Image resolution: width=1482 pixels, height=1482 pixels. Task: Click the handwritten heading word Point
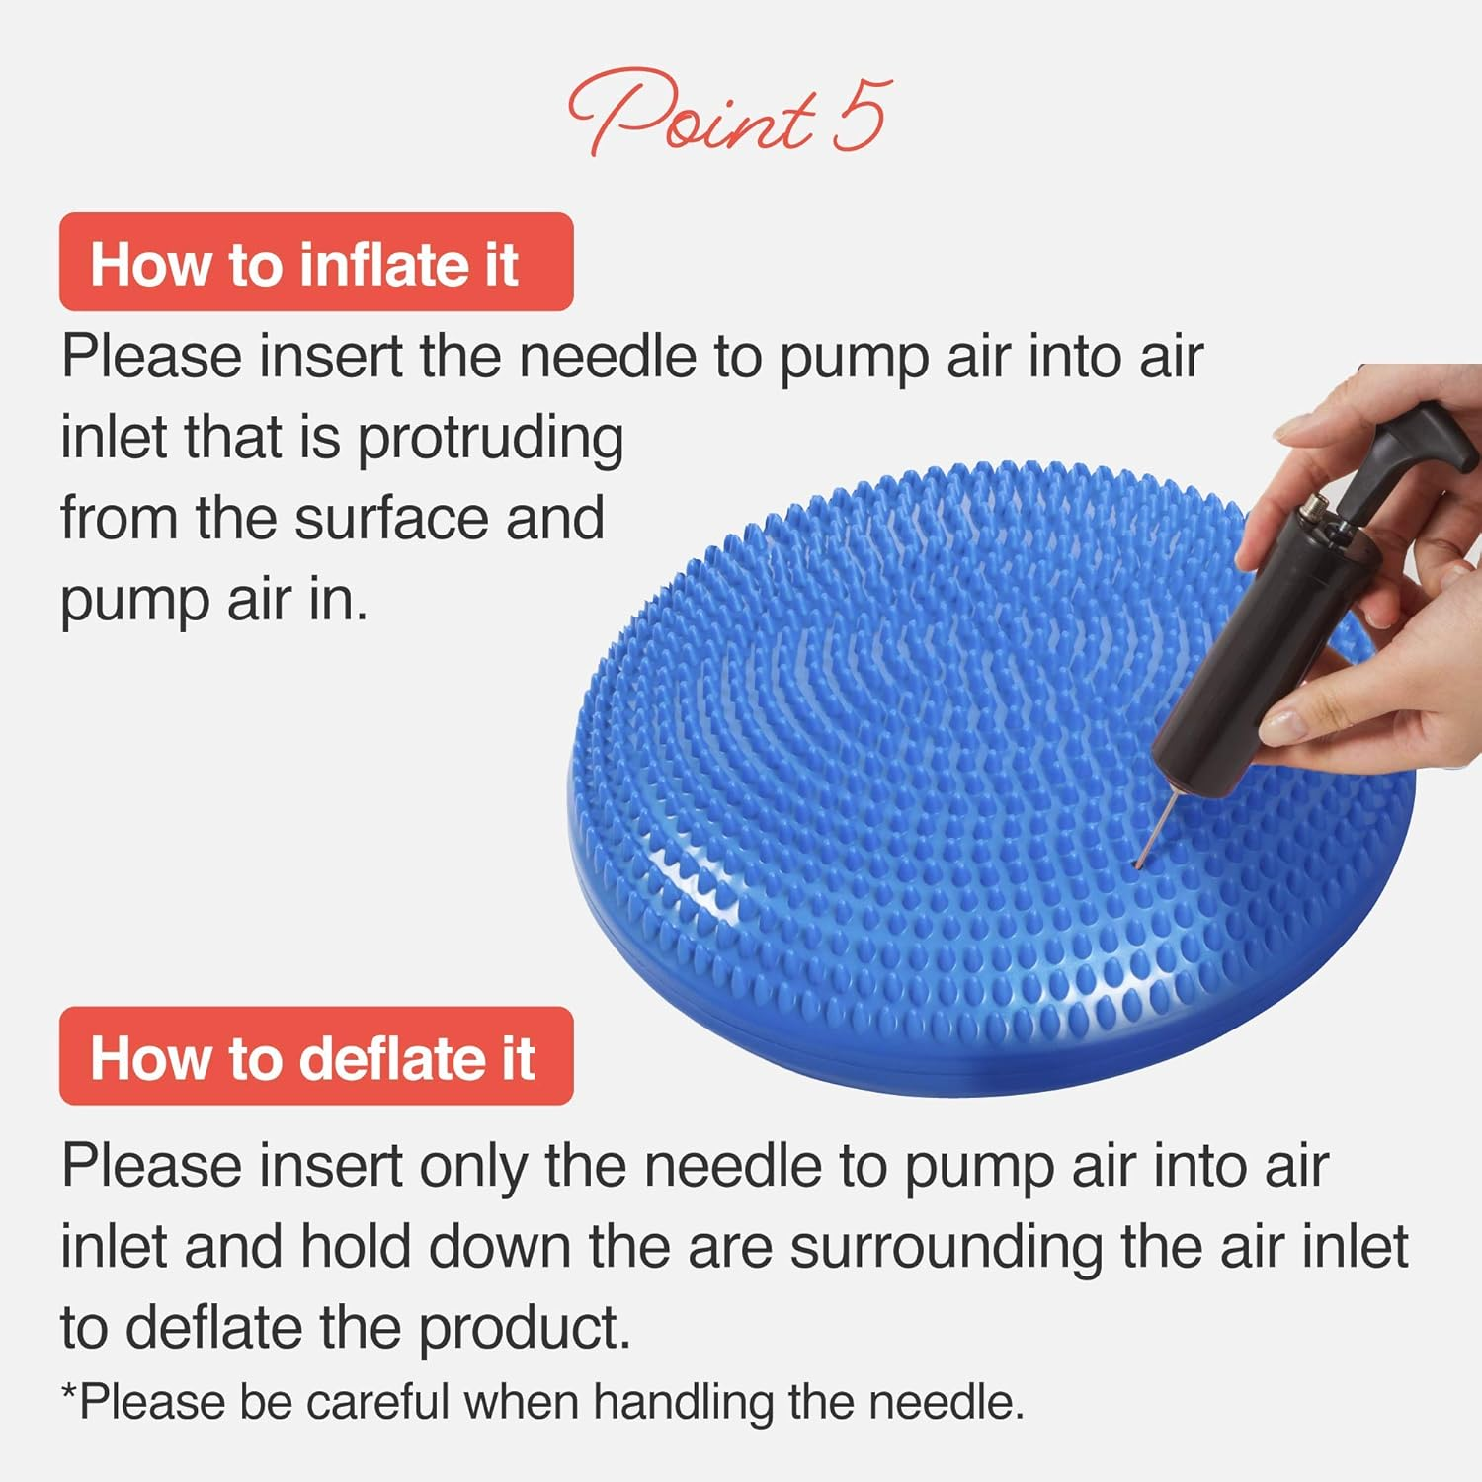tap(692, 114)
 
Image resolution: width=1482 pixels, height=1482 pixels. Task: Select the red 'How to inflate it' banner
tap(316, 263)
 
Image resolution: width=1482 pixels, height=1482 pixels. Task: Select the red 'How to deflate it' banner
tap(316, 1056)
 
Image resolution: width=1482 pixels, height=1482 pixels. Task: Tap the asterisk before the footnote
tap(68, 1394)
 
